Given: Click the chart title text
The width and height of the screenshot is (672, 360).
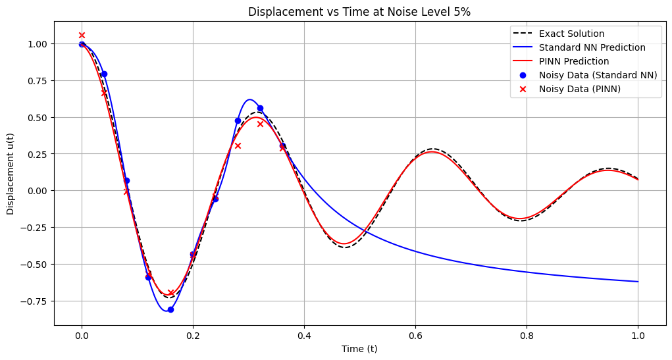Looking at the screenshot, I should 359,11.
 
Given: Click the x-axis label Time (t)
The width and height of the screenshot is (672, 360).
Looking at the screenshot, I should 359,349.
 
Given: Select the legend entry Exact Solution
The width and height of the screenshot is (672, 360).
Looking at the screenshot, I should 571,34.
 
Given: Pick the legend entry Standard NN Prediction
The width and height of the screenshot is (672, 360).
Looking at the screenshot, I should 592,47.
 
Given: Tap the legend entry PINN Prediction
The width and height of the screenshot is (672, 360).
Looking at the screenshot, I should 573,61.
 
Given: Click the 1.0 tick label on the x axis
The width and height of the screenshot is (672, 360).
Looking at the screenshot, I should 638,335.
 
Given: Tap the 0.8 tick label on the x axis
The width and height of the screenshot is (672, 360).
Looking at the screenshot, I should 527,335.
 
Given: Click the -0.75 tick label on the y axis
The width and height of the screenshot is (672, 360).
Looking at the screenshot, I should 38,301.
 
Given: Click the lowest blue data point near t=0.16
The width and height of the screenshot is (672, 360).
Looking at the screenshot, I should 170,309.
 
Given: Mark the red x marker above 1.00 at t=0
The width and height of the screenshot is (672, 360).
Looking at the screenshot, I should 82,36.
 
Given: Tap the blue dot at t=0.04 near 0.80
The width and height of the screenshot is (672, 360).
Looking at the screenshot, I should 104,74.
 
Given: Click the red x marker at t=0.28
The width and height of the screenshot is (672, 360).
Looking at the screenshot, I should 238,145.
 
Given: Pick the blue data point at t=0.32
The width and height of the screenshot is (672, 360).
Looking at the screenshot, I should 260,108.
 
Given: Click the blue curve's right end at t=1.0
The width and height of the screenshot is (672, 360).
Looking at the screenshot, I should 638,282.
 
